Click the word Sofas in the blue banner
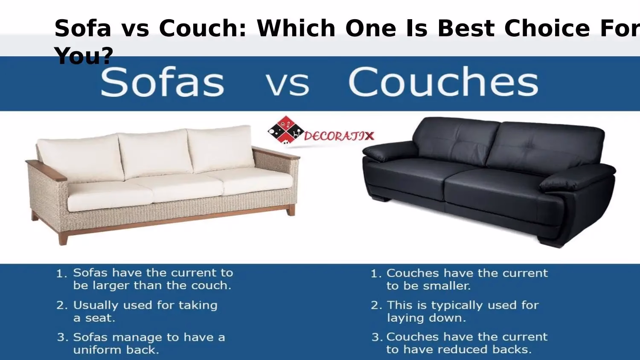(162, 82)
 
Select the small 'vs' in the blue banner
(288, 84)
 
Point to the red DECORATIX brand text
(339, 136)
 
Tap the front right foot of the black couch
(550, 241)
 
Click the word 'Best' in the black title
(467, 29)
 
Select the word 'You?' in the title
(84, 56)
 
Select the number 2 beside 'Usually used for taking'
(62, 305)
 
